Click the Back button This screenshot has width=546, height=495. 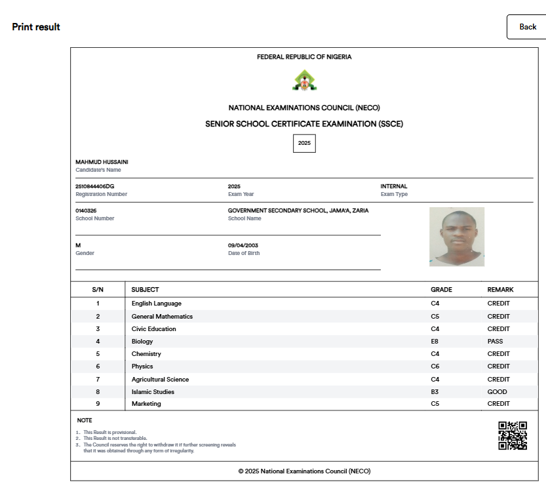click(x=527, y=27)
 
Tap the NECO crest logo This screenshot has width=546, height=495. click(x=303, y=81)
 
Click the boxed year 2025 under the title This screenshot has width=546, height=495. click(x=304, y=143)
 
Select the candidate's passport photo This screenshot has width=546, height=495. click(x=457, y=237)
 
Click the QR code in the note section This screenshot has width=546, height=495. click(x=513, y=435)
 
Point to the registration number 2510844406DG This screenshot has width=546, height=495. click(x=95, y=186)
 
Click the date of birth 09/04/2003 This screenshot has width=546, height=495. click(x=243, y=245)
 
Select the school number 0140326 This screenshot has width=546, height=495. click(x=86, y=210)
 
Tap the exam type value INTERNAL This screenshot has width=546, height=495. click(x=394, y=186)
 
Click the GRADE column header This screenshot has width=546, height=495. click(x=441, y=289)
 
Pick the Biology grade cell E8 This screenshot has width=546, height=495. click(x=435, y=342)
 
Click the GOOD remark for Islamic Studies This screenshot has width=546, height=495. click(x=497, y=392)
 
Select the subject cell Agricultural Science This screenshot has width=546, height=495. click(x=160, y=380)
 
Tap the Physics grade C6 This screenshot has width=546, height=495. click(x=435, y=366)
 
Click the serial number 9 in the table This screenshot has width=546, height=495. click(x=98, y=404)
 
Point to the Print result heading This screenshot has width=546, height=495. click(x=36, y=27)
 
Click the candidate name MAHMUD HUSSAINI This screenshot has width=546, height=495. click(x=102, y=162)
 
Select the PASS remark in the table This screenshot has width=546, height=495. click(x=495, y=342)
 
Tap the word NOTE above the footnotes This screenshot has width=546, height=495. click(x=85, y=420)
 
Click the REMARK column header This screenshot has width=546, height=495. click(x=500, y=289)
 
